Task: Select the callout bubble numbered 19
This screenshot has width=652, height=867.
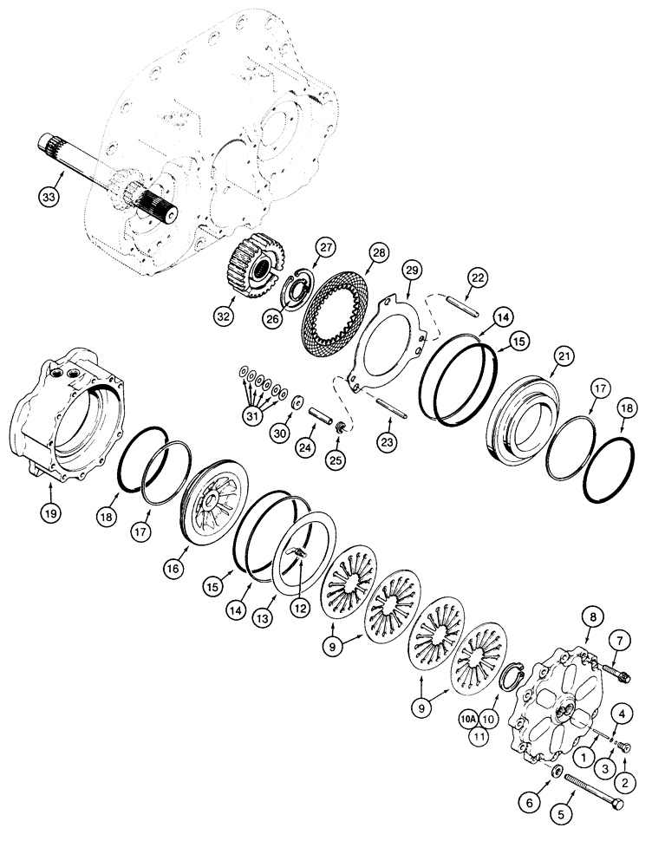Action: [52, 513]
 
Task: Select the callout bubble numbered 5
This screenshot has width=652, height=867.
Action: [565, 815]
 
